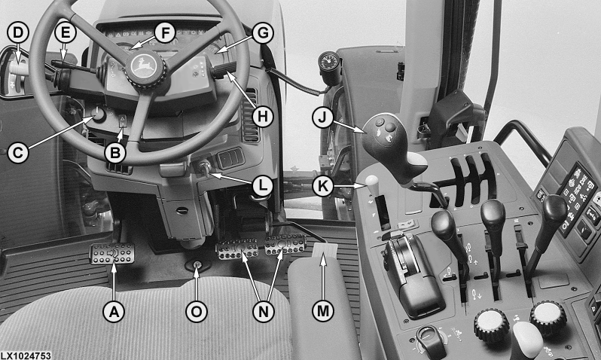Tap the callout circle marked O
pyautogui.click(x=197, y=311)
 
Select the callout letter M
pyautogui.click(x=323, y=311)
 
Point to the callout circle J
pyautogui.click(x=323, y=117)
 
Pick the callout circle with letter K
pyautogui.click(x=323, y=186)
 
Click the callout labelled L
pyautogui.click(x=262, y=185)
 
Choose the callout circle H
pyautogui.click(x=263, y=116)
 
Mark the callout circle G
pyautogui.click(x=263, y=33)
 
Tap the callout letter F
pyautogui.click(x=165, y=33)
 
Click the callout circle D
pyautogui.click(x=17, y=33)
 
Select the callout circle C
pyautogui.click(x=17, y=153)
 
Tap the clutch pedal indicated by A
pyautogui.click(x=112, y=254)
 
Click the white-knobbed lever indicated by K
pyautogui.click(x=372, y=185)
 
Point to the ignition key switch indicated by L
pyautogui.click(x=204, y=168)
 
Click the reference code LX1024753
pyautogui.click(x=26, y=355)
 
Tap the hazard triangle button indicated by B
pyautogui.click(x=123, y=121)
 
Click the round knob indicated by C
pyautogui.click(x=98, y=114)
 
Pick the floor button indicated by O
pyautogui.click(x=197, y=265)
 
